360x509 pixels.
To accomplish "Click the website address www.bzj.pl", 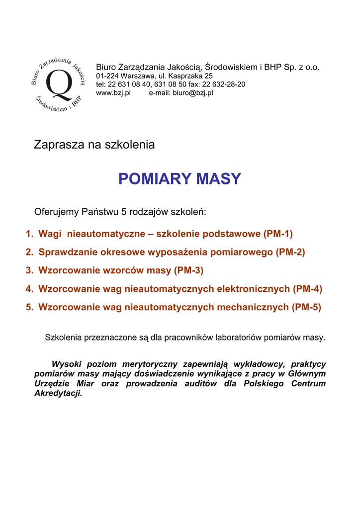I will tap(113, 93).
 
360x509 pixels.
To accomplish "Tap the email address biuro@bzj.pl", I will tap(193, 93).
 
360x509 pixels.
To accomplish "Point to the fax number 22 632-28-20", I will tap(223, 85).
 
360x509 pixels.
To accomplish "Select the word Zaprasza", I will tap(59, 145).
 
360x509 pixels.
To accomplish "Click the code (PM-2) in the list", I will tap(290, 252).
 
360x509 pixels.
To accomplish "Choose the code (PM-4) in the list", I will tap(307, 289).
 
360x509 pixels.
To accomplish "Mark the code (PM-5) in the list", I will tap(306, 307).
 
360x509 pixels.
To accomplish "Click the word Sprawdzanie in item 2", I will tap(68, 252).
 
